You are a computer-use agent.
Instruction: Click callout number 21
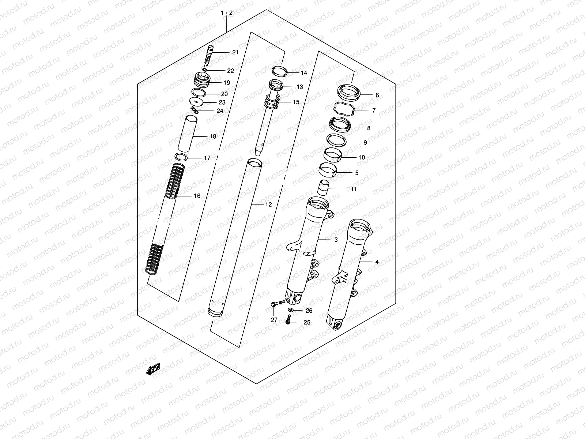point(235,52)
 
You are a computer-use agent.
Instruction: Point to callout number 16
point(197,196)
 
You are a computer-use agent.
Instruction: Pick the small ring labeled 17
point(181,157)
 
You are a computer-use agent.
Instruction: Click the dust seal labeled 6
point(350,91)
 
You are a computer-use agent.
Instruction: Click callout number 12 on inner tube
point(268,205)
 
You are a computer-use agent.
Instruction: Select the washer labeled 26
point(290,311)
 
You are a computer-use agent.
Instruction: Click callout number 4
point(377,262)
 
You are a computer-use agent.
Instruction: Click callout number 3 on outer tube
point(336,240)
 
